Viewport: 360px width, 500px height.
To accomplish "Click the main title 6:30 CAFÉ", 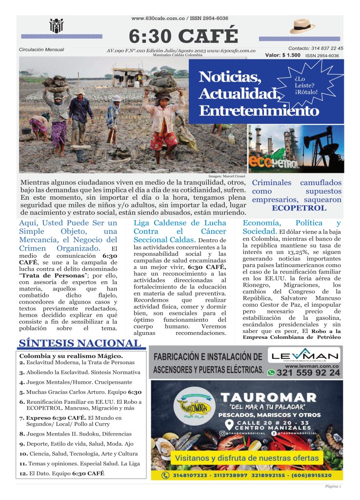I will tap(183, 36).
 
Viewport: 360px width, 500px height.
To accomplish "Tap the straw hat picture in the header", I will tap(302, 26).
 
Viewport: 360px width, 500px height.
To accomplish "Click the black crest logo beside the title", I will tap(57, 26).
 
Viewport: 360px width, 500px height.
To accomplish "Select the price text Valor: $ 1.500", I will tap(283, 55).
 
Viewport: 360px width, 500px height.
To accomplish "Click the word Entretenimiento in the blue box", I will tap(259, 111).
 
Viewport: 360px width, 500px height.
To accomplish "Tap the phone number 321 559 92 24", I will tap(308, 373).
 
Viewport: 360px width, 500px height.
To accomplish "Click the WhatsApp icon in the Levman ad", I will tap(271, 373).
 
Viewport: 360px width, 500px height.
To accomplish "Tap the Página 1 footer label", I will tap(333, 487).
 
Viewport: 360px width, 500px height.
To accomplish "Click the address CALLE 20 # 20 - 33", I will tap(267, 423).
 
